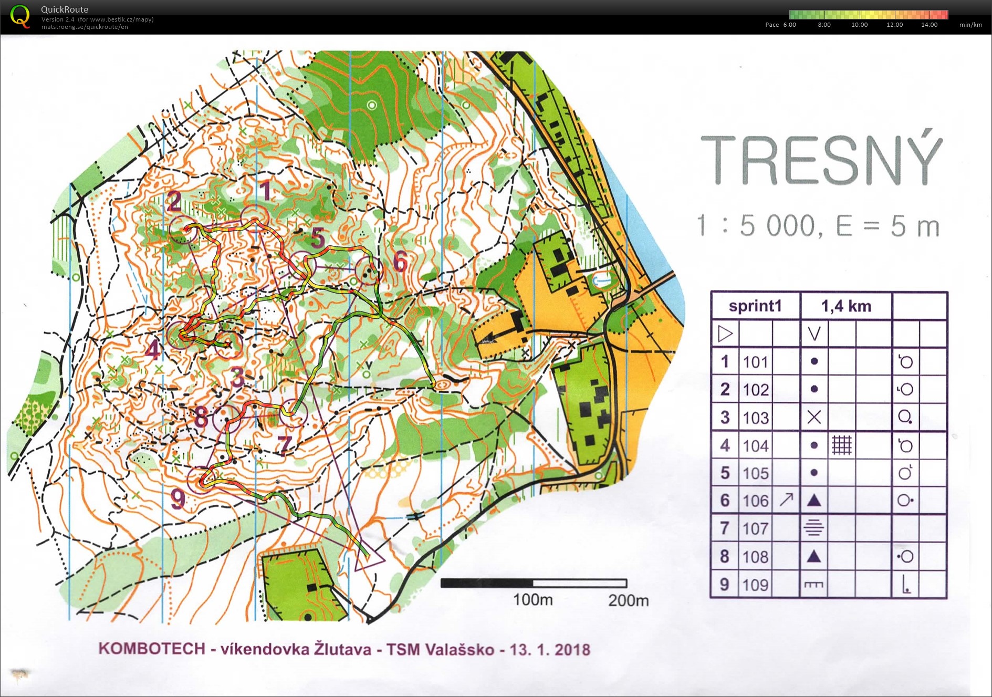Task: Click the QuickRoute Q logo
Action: pos(20,16)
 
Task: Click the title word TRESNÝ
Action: pos(821,160)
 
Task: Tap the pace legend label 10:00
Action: pos(859,25)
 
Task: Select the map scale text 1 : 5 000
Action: pos(756,226)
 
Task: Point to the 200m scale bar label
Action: pos(628,600)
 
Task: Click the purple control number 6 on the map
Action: pos(400,261)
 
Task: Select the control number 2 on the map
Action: pos(174,202)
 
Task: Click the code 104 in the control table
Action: pos(755,446)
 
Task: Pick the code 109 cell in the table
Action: pos(755,585)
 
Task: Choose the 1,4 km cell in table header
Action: pos(846,306)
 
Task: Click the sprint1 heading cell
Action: pos(755,306)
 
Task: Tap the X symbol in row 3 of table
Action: pos(813,418)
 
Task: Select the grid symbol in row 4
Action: pos(841,445)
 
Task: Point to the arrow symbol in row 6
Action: pos(786,500)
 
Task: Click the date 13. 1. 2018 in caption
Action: pos(550,650)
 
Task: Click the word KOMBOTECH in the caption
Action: pos(152,649)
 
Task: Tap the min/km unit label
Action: pos(970,25)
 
